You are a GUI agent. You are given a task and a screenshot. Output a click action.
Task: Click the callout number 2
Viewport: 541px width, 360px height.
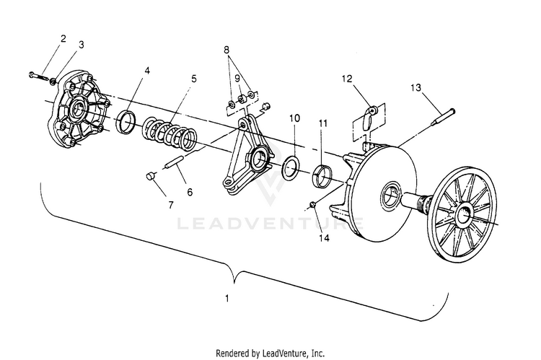(63, 38)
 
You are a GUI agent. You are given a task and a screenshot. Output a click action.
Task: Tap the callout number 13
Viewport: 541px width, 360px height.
(415, 88)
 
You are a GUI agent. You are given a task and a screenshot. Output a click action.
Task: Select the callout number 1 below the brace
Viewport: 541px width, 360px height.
(226, 298)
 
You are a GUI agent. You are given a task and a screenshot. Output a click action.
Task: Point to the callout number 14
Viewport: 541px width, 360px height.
(325, 238)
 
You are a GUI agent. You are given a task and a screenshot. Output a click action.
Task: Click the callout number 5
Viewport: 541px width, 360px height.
(194, 79)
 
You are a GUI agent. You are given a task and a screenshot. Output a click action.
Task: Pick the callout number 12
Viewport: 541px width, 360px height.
(347, 79)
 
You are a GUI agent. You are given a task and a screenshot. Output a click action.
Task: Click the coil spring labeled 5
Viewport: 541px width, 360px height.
(170, 134)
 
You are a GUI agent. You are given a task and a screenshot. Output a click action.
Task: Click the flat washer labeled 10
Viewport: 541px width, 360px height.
(291, 167)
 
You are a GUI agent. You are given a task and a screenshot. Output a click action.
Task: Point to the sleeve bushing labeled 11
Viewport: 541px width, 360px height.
(322, 177)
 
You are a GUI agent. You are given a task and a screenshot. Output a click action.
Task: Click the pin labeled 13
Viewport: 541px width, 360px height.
(444, 117)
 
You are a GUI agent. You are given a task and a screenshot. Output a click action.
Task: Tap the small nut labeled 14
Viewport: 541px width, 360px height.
(313, 204)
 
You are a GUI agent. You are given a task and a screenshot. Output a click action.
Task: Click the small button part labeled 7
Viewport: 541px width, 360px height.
(149, 176)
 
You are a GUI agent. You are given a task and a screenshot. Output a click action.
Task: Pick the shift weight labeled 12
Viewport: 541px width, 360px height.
(369, 117)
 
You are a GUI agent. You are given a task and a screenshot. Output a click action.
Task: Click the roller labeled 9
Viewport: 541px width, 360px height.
(241, 100)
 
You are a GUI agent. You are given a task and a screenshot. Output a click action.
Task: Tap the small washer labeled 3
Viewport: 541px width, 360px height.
(53, 81)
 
